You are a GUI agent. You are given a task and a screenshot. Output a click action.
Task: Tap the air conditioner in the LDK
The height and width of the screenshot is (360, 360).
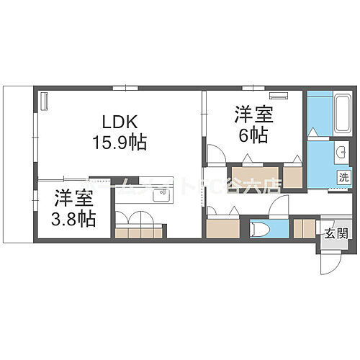tap(43, 103)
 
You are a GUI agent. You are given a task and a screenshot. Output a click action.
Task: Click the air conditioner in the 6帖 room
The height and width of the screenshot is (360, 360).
tap(278, 95)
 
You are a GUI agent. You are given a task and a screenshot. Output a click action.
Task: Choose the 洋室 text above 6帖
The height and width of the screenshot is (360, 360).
tap(251, 114)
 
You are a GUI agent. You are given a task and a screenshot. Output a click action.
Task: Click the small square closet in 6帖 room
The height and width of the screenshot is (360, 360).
tap(292, 176)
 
